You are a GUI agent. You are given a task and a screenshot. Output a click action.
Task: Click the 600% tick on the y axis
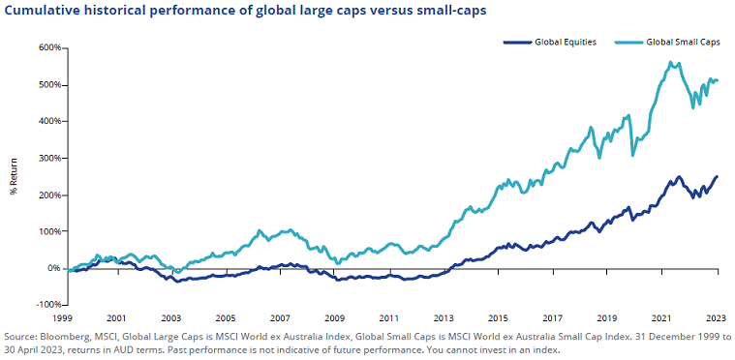pos(49,47)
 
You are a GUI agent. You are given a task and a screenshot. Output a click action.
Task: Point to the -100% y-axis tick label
pos(48,305)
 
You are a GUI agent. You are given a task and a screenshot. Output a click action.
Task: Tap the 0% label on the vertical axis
pos(54,268)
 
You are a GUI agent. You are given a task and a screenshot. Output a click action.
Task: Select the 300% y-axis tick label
pos(49,158)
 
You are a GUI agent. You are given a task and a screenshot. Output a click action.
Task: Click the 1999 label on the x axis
pos(64,317)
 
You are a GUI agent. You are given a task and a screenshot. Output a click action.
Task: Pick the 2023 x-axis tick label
pos(718,317)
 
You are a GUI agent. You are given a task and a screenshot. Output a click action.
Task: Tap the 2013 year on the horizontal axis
pos(444,317)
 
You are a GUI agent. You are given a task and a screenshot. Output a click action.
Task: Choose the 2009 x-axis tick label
pos(336,317)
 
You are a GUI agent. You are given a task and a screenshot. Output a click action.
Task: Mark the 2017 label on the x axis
pos(554,317)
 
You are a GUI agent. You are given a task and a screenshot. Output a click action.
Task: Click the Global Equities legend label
pos(566,43)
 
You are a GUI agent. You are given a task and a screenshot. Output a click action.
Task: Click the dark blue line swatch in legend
pos(518,43)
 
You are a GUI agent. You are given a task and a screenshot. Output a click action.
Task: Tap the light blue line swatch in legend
pos(628,43)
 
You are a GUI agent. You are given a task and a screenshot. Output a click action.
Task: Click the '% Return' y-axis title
pos(14,177)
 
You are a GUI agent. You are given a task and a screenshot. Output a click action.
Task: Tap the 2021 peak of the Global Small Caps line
pos(670,63)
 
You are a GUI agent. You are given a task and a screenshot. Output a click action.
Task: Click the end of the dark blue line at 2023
pos(718,176)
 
